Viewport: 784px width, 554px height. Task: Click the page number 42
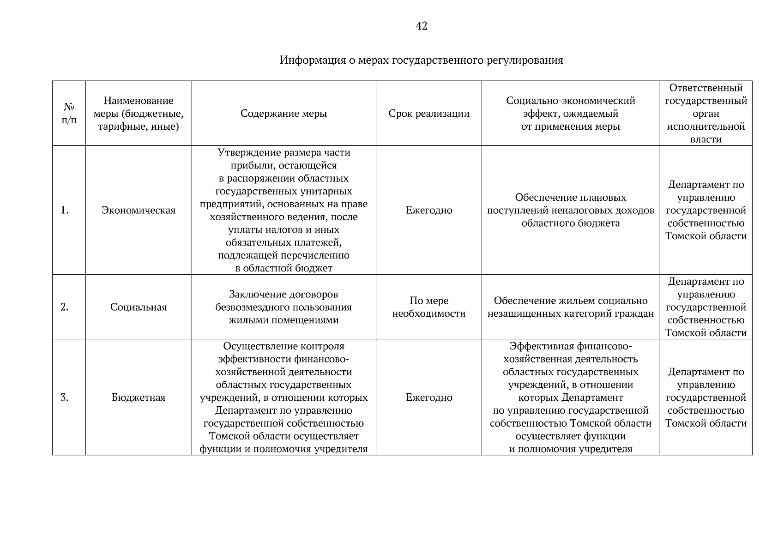click(421, 26)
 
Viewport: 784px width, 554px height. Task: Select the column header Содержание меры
click(283, 114)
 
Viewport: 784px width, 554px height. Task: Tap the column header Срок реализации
click(429, 114)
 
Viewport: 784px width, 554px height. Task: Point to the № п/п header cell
click(69, 114)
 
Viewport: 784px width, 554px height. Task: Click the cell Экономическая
click(139, 211)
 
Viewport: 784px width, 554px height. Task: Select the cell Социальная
click(139, 307)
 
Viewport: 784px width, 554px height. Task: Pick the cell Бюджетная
click(139, 398)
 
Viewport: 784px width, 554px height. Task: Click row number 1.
click(65, 211)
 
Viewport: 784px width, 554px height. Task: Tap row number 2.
click(65, 307)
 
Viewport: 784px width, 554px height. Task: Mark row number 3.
click(65, 398)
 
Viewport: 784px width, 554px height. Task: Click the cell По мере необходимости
click(429, 307)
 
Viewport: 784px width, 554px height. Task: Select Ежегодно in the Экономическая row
click(429, 211)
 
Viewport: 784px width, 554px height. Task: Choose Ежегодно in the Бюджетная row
click(429, 398)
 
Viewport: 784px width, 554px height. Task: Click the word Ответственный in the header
click(706, 88)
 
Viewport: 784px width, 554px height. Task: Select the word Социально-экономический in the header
click(571, 101)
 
